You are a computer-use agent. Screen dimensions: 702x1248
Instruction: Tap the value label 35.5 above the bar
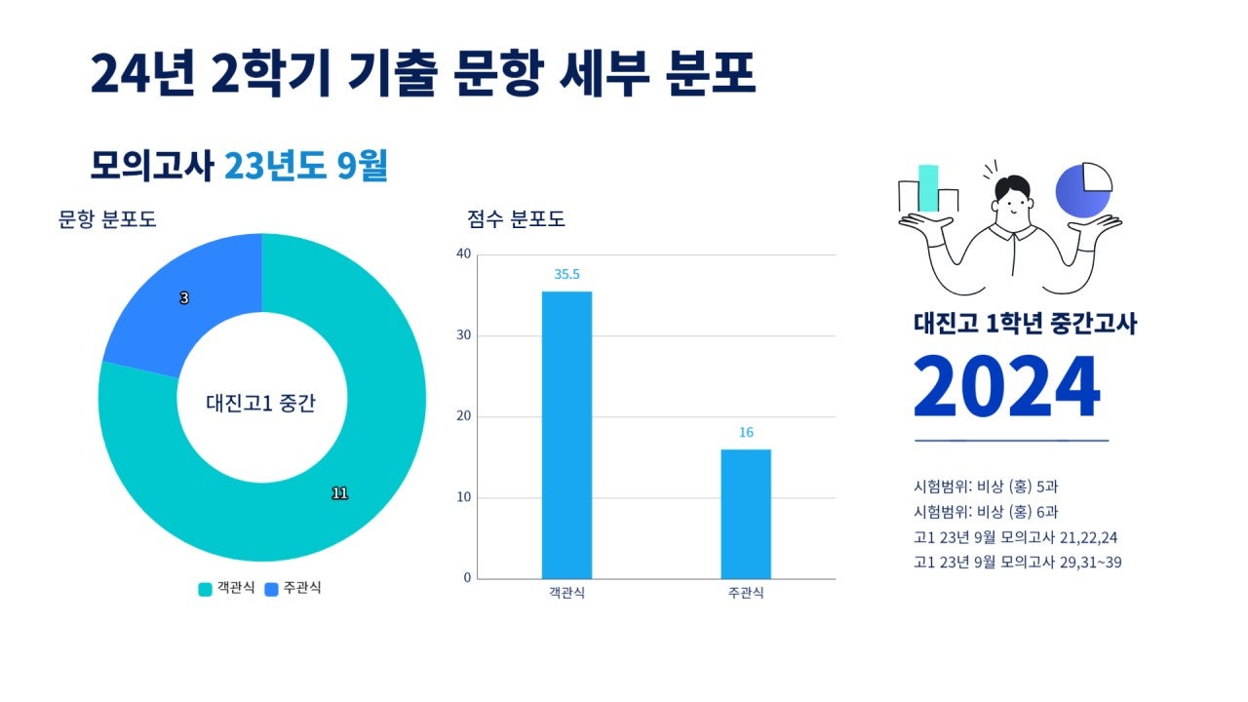coord(566,275)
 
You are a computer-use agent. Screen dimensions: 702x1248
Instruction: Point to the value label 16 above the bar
coord(746,433)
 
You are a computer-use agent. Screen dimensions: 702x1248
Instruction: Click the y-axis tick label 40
coord(463,254)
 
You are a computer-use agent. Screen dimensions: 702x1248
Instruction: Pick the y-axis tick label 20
coord(463,417)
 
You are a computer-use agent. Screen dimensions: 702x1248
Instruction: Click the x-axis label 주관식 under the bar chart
coord(746,594)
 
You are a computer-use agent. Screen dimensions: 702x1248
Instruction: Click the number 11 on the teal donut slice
coord(339,493)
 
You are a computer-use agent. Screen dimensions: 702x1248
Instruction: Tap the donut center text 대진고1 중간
coord(261,403)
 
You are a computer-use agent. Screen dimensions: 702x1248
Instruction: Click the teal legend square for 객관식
coord(205,589)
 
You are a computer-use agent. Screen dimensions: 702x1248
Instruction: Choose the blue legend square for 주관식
coord(272,589)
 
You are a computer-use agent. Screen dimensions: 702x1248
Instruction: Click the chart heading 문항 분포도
coord(107,219)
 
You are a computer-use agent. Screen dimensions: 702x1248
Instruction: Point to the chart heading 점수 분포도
coord(516,219)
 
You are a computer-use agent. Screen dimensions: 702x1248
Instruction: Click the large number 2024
coord(1006,387)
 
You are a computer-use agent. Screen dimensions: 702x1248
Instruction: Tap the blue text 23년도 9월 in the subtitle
coord(306,167)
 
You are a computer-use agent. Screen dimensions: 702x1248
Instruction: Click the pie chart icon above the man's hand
coord(1083,189)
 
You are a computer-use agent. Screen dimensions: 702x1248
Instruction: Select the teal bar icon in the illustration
coord(928,187)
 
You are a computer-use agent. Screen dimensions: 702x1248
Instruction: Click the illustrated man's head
coord(1013,200)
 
